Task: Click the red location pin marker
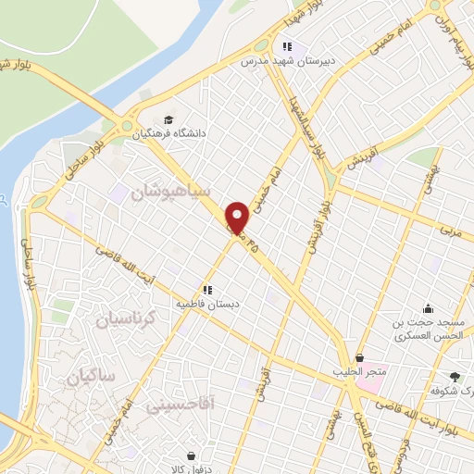238,218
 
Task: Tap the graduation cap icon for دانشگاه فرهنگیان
168,119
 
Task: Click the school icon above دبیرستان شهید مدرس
288,46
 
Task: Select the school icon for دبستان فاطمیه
208,289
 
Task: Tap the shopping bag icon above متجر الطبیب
359,357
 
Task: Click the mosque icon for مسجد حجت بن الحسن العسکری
427,309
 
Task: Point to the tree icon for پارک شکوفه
454,377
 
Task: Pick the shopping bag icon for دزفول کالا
191,455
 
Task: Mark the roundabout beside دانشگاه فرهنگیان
126,126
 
